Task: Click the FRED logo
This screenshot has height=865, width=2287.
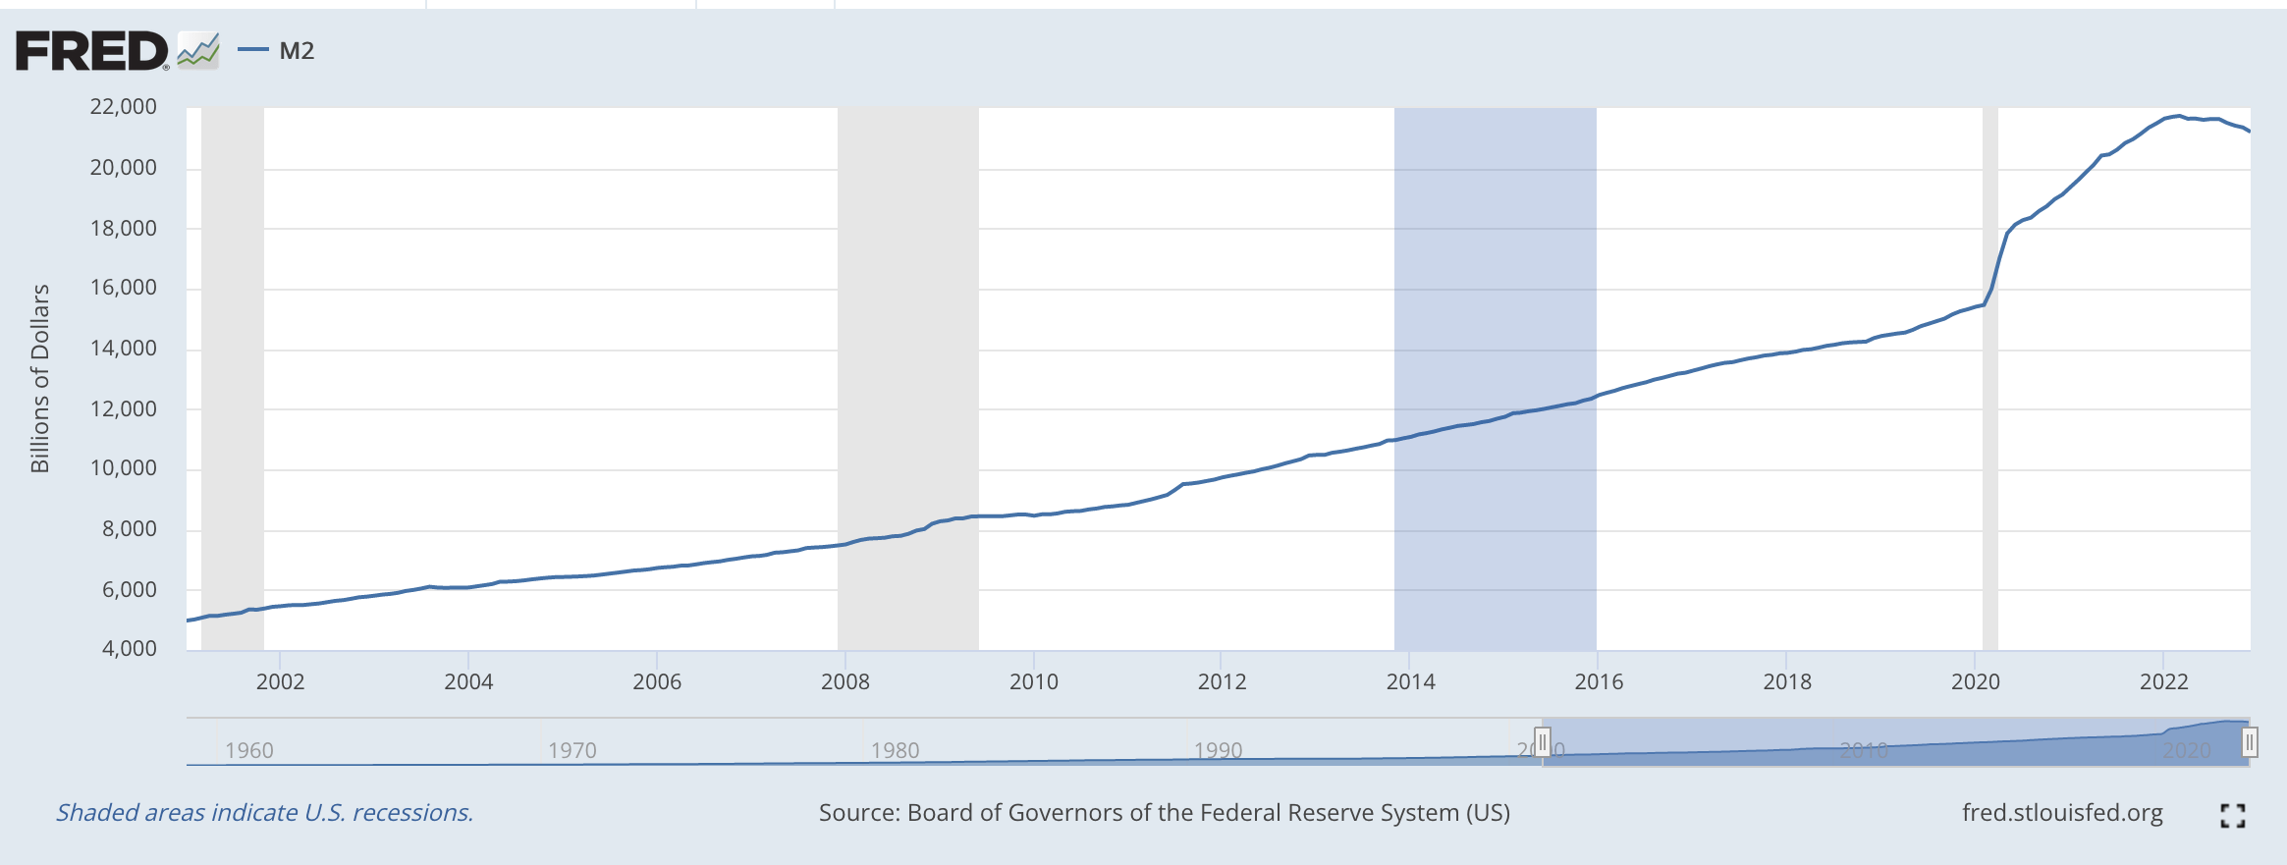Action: coord(92,51)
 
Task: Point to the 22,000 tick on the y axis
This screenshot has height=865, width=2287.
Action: coord(124,107)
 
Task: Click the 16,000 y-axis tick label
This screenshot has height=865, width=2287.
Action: coord(124,288)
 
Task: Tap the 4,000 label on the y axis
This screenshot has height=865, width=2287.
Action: coord(130,649)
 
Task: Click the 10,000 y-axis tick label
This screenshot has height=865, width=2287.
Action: coord(124,468)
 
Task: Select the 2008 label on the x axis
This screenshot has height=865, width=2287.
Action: coord(845,682)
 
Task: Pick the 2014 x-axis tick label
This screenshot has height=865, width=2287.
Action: coord(1410,682)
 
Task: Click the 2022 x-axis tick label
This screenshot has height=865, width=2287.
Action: coord(2164,682)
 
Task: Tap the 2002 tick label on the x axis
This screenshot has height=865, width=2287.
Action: coord(280,682)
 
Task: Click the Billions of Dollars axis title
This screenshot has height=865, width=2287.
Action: coord(40,378)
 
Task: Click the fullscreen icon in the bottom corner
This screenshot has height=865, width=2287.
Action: coord(2232,815)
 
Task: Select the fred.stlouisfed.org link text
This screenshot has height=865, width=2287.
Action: coord(2062,813)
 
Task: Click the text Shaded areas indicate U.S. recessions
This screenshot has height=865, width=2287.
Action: coord(265,813)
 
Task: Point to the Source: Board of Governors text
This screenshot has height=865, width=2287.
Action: coord(1165,813)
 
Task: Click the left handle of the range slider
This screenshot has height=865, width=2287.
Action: coord(1543,741)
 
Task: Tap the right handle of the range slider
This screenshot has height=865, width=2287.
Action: coord(2250,741)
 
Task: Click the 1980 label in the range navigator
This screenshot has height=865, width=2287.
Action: coord(895,751)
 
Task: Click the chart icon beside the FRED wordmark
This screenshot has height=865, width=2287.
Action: coord(198,51)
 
